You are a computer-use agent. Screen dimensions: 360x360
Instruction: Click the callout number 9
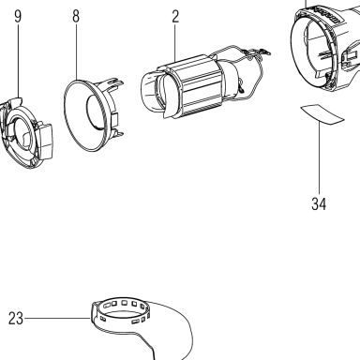pos(18,16)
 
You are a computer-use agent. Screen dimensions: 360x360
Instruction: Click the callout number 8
pos(76,16)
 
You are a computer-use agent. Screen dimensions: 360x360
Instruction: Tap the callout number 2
pos(175,17)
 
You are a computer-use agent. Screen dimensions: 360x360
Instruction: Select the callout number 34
pos(319,204)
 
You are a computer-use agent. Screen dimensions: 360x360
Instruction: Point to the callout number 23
pos(16,319)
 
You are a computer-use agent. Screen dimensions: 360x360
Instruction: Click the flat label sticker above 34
pos(322,114)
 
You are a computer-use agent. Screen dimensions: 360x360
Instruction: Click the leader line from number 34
pos(319,158)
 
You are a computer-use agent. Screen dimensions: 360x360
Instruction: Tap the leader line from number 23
pos(57,319)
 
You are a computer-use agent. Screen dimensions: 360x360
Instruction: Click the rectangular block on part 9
pos(45,141)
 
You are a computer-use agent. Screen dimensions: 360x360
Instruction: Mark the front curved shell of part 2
pos(157,93)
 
